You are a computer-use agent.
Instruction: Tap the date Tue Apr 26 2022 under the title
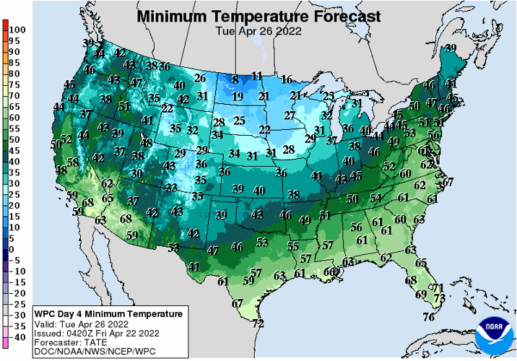(x=258, y=31)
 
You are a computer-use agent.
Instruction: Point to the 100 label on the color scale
(x=18, y=30)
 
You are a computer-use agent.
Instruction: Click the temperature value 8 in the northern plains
(x=235, y=79)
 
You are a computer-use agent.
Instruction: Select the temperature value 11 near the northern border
(x=257, y=76)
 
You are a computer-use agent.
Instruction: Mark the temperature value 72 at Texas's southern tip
(x=258, y=323)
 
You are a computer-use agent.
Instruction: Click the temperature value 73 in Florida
(x=439, y=297)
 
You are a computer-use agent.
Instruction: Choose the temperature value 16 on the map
(x=287, y=79)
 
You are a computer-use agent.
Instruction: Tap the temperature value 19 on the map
(x=237, y=97)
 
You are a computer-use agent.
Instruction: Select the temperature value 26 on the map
(x=200, y=78)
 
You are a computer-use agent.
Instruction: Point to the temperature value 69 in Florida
(x=421, y=294)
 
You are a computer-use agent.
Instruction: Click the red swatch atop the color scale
(x=4, y=27)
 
